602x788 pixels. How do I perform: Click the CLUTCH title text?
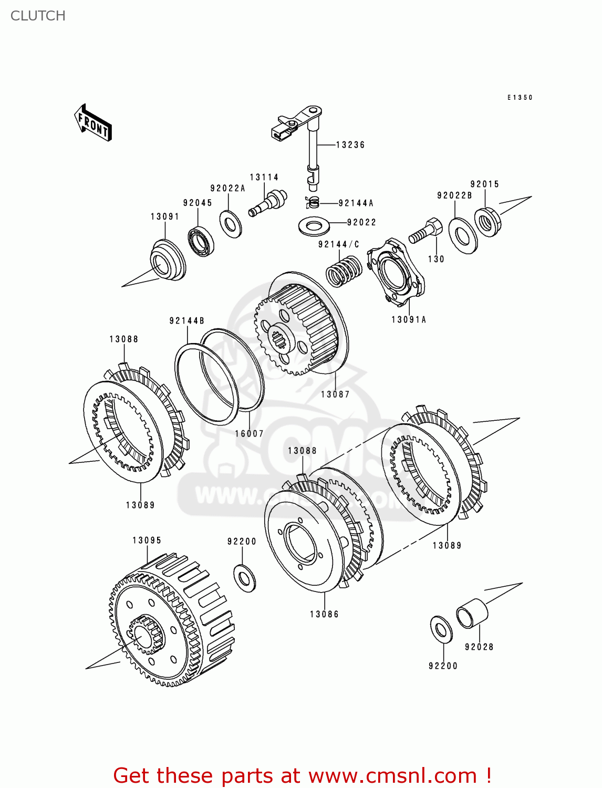click(38, 16)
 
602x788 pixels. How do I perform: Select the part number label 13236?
click(350, 145)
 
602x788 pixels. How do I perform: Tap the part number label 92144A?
click(356, 203)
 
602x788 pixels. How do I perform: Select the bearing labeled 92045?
click(201, 241)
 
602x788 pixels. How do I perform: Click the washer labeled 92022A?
click(230, 224)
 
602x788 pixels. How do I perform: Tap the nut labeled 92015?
click(488, 222)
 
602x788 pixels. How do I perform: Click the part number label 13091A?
click(409, 319)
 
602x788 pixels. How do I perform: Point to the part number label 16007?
click(249, 434)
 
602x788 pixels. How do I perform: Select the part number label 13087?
click(335, 395)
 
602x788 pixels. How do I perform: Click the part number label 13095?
click(147, 541)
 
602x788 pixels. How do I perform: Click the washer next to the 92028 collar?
click(441, 629)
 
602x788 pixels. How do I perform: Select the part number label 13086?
click(324, 614)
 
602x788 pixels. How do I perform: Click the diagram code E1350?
click(520, 98)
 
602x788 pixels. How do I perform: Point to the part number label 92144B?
click(186, 321)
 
